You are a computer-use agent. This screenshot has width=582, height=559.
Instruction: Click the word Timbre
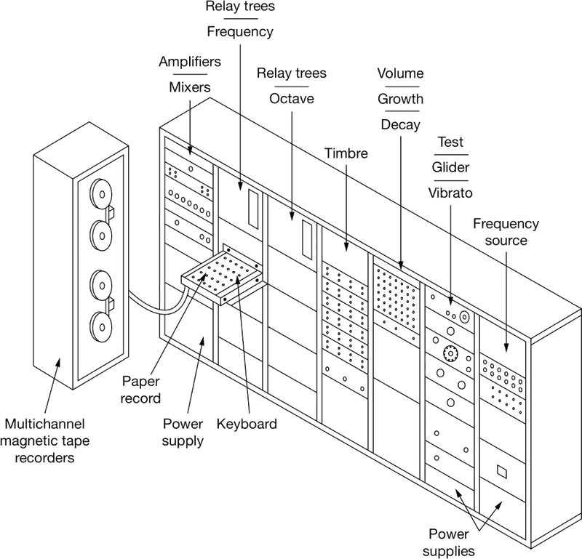point(346,154)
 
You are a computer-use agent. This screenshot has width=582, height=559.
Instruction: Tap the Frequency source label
point(508,231)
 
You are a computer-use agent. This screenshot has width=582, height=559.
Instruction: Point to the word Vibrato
point(451,193)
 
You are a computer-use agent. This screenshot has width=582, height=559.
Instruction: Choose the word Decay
point(400,125)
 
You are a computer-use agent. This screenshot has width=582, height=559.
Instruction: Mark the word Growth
point(400,99)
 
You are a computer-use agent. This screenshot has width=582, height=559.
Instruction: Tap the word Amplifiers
point(189,63)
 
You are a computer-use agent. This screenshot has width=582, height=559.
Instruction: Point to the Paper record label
point(143,389)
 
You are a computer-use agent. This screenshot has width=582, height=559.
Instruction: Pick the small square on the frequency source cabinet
point(501,471)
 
